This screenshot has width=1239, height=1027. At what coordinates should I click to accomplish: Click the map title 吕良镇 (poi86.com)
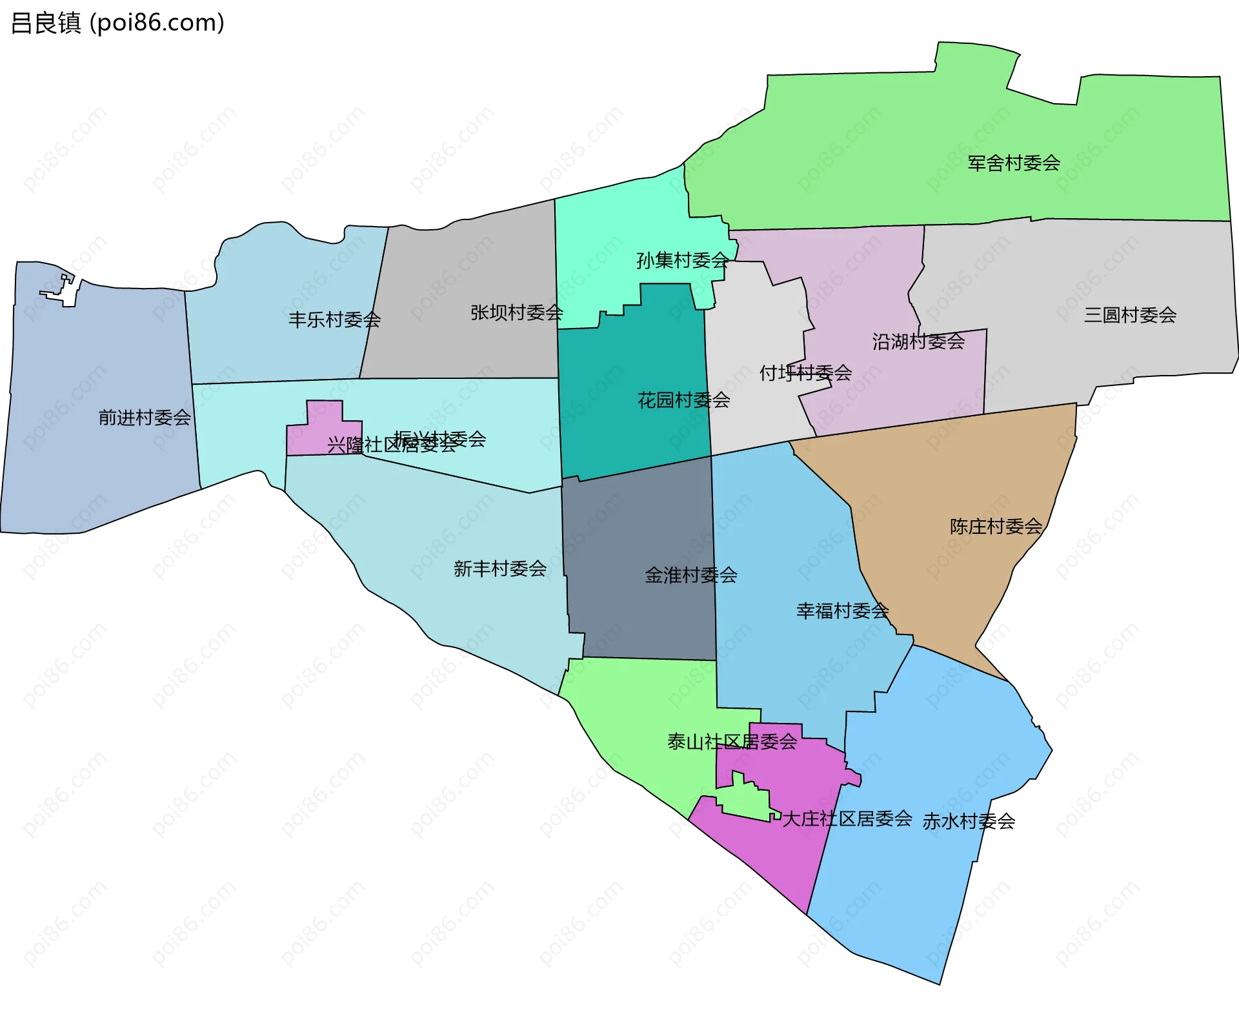(x=117, y=23)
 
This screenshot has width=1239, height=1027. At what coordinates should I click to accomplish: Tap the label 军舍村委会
(x=1013, y=163)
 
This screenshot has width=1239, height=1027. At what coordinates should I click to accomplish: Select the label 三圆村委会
(x=1129, y=315)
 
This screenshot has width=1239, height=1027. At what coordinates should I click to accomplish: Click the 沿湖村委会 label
(x=918, y=341)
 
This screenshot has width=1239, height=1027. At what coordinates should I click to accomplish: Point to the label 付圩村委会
(x=805, y=372)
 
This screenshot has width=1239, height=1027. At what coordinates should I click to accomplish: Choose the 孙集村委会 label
(x=682, y=260)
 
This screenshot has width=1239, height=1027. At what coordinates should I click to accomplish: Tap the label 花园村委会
(x=683, y=400)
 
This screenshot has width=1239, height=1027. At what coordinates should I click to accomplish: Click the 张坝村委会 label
(x=516, y=312)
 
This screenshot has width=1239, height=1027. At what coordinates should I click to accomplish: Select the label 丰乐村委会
(x=334, y=320)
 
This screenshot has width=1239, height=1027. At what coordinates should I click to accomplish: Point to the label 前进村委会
(x=145, y=418)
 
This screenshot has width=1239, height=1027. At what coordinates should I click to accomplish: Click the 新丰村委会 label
(x=499, y=569)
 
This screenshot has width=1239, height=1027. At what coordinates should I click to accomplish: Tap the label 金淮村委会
(x=690, y=575)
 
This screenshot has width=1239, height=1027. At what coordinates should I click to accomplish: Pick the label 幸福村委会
(x=842, y=611)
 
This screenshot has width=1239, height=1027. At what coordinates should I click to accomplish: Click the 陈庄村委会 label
(x=996, y=527)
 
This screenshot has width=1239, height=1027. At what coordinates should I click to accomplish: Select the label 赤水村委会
(x=968, y=821)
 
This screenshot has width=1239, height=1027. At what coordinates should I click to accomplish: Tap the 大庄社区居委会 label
(x=847, y=819)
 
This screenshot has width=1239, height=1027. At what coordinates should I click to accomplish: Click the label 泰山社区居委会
(x=732, y=742)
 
